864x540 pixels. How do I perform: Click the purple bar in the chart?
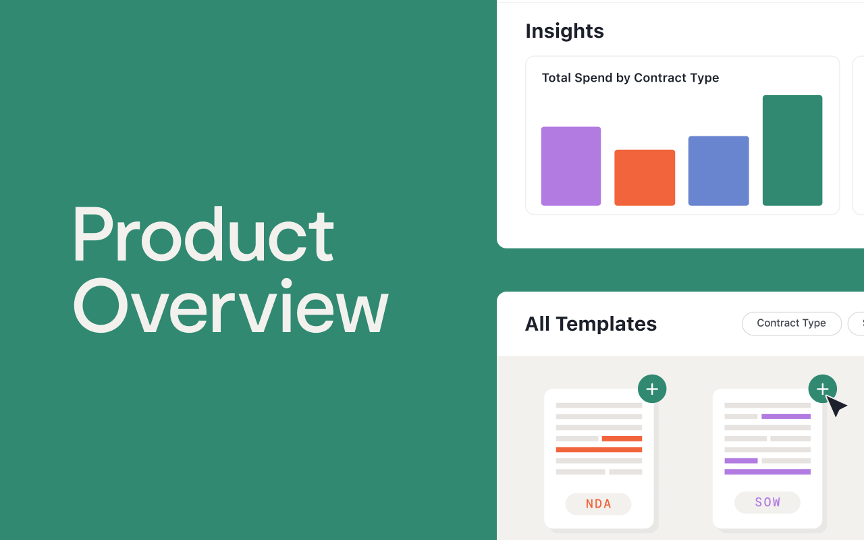pos(570,166)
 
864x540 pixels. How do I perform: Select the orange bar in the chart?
pos(645,178)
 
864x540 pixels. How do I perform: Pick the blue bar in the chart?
pos(718,171)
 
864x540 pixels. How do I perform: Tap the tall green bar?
pos(792,150)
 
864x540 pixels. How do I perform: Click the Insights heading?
pos(564,31)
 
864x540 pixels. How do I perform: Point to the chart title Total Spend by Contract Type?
pos(630,78)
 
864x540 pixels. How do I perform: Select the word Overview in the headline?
pos(230,306)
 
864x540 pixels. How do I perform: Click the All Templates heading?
pos(591,324)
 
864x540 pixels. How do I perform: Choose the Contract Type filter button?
pos(791,323)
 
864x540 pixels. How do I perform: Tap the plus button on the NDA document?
pos(652,389)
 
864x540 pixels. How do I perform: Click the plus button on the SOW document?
pos(822,389)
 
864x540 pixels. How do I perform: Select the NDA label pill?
pos(598,504)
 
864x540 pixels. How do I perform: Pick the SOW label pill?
pos(767,502)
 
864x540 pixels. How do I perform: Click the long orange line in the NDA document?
pos(599,450)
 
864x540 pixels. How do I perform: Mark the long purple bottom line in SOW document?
pos(767,472)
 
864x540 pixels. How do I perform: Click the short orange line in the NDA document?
pos(622,439)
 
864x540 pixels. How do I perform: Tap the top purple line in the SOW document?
pos(786,416)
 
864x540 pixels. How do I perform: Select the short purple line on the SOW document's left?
pos(741,461)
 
